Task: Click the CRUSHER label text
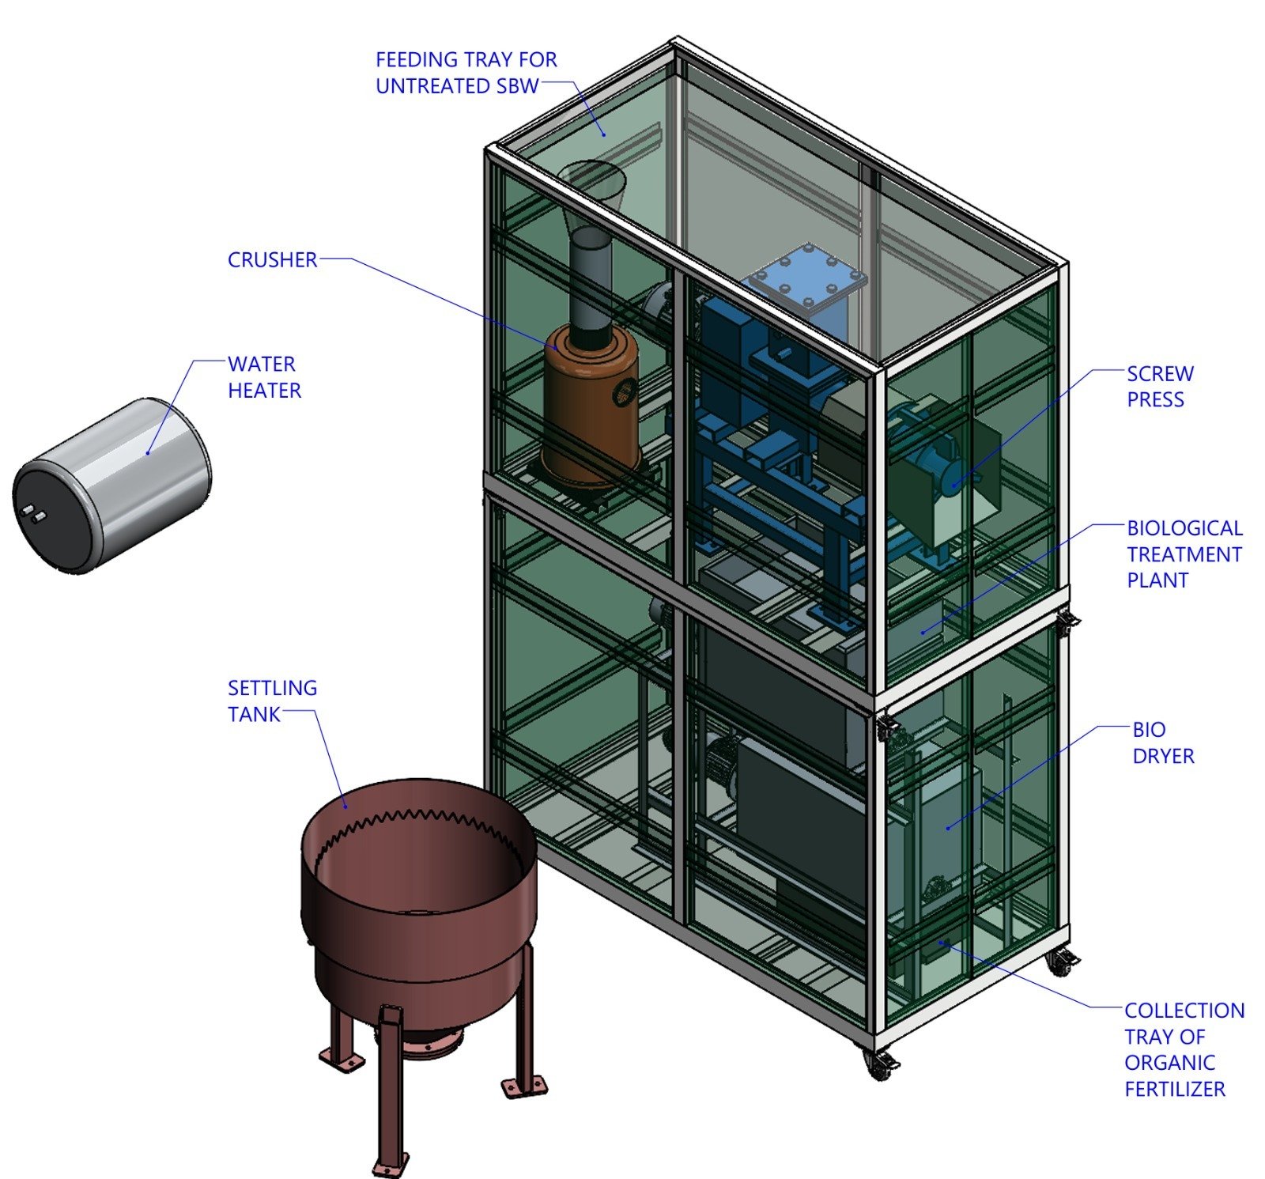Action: coord(272,260)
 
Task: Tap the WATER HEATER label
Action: coord(264,377)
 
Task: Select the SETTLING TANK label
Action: coord(272,701)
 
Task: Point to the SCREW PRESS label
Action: coord(1160,386)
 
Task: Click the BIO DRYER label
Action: coord(1162,743)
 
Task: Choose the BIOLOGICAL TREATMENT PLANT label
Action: coord(1184,554)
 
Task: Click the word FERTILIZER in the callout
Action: coord(1174,1089)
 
